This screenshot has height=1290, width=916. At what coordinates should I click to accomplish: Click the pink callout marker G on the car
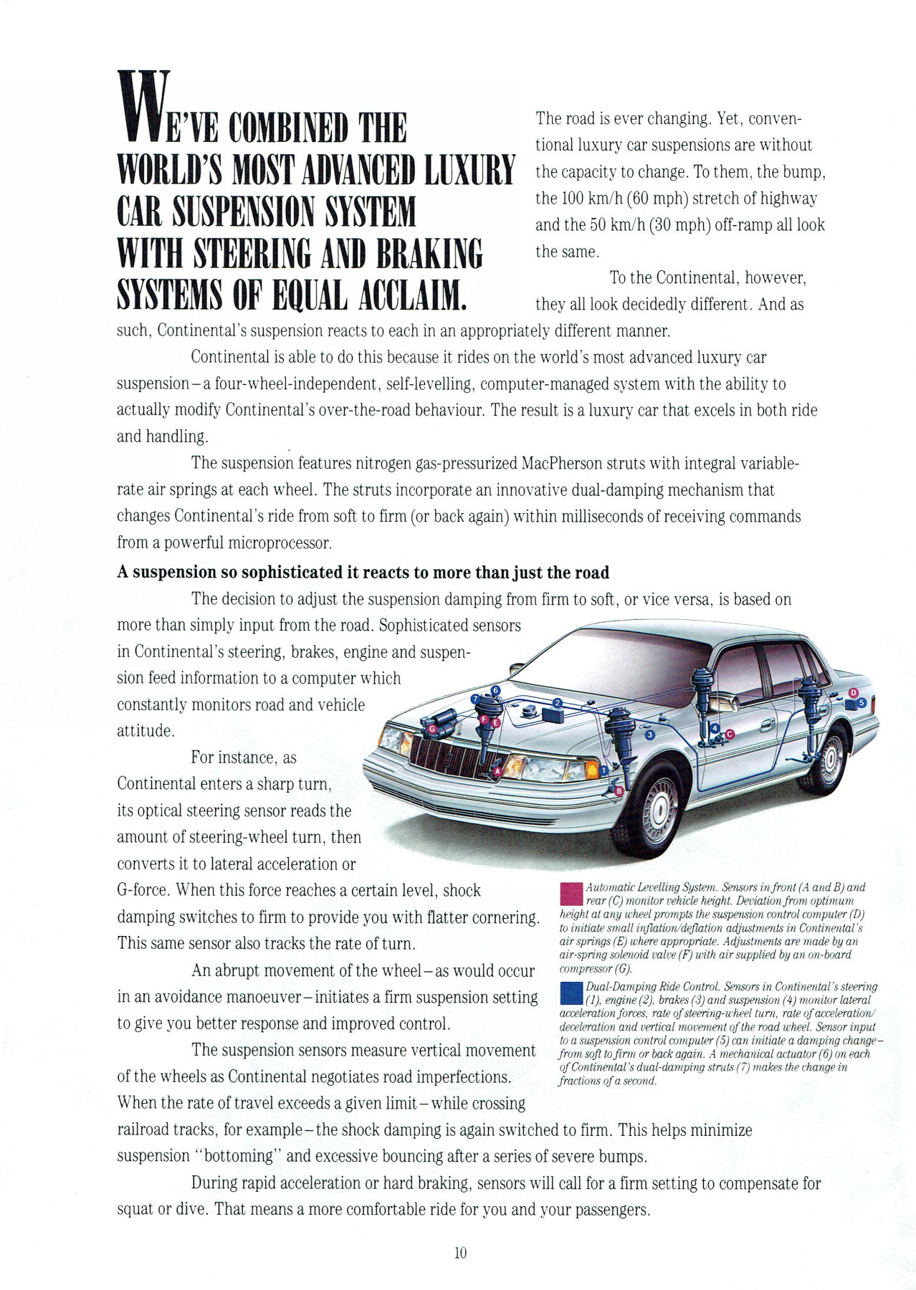[x=431, y=728]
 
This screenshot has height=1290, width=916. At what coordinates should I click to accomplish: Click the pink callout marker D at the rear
[x=853, y=692]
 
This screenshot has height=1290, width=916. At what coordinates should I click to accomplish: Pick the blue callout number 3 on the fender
[x=649, y=735]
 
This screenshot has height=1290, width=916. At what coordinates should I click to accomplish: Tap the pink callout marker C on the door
[x=730, y=734]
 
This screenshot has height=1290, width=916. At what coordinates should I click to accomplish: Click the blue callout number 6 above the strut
[x=495, y=690]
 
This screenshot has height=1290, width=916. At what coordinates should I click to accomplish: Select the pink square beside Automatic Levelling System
[x=571, y=895]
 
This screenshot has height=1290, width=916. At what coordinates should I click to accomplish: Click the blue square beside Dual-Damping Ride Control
[x=571, y=993]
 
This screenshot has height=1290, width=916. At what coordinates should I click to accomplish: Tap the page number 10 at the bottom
[x=460, y=1252]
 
